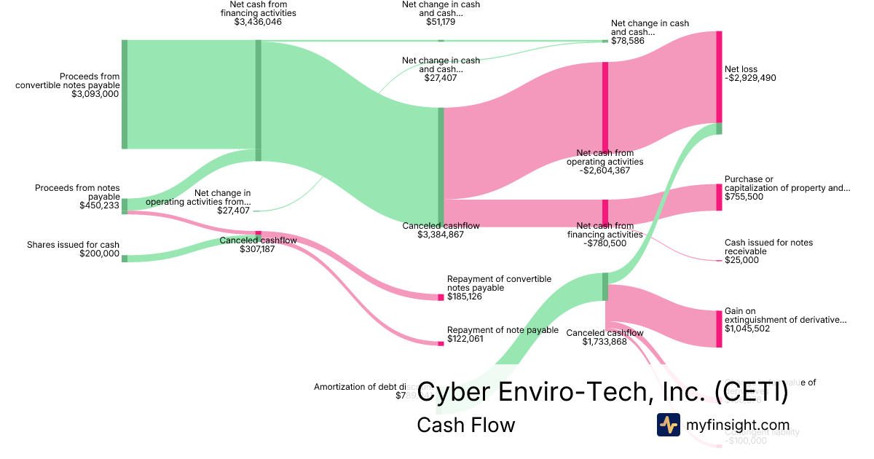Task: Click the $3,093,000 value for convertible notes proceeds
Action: click(95, 94)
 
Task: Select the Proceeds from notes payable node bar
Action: click(125, 205)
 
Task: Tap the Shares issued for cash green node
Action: click(125, 258)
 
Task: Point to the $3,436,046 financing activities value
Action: click(253, 23)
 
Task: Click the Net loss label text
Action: click(741, 69)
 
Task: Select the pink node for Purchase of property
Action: click(719, 197)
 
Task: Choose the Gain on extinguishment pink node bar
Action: click(719, 329)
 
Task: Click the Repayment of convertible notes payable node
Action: click(441, 297)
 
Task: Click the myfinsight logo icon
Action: click(668, 425)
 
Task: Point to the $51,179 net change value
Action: click(441, 22)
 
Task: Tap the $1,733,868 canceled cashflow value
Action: click(605, 342)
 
